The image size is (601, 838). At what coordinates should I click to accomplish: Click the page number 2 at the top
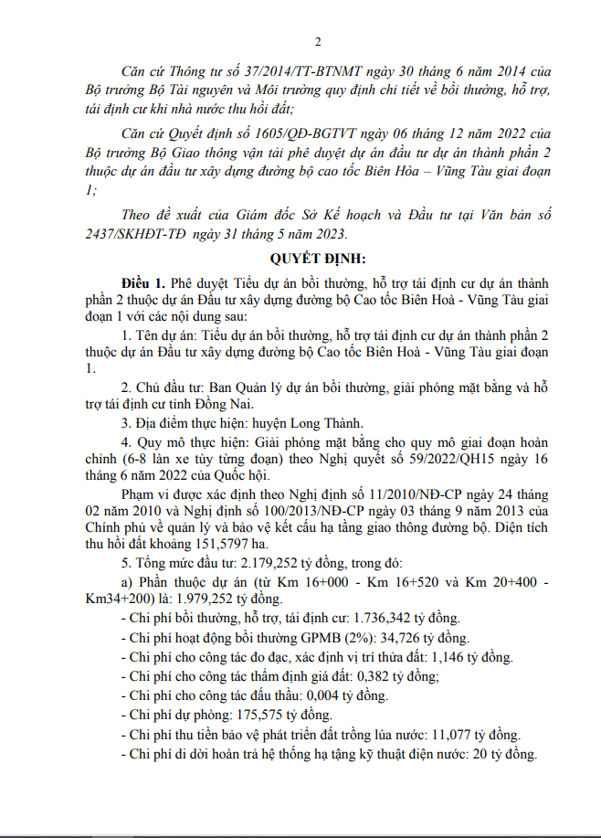coord(318,42)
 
